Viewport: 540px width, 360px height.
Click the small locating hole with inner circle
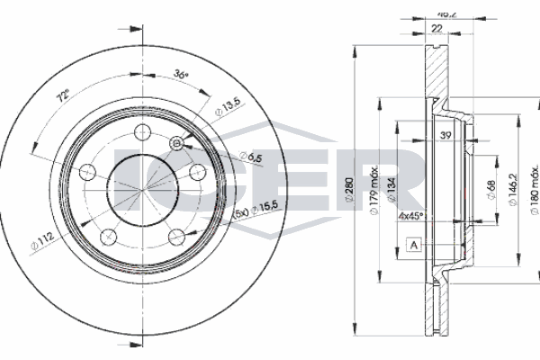pos(176,143)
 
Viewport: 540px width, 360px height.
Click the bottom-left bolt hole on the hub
pos(108,237)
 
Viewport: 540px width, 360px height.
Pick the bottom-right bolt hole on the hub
pos(175,237)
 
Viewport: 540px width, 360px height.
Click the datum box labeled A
pos(413,246)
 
